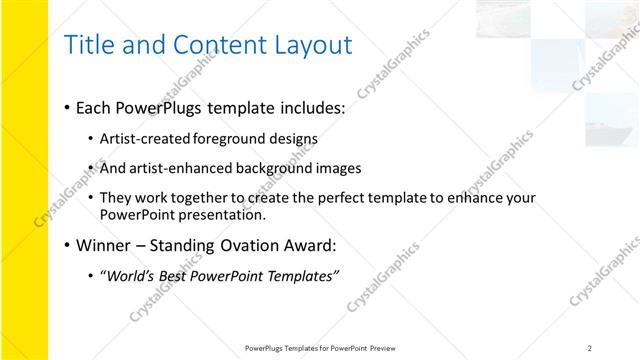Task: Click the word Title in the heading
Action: [87, 45]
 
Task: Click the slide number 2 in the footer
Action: [590, 347]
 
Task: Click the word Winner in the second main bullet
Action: [103, 245]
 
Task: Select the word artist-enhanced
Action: [180, 168]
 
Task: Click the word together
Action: [206, 198]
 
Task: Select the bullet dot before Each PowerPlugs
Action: [66, 107]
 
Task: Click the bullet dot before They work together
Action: [91, 198]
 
